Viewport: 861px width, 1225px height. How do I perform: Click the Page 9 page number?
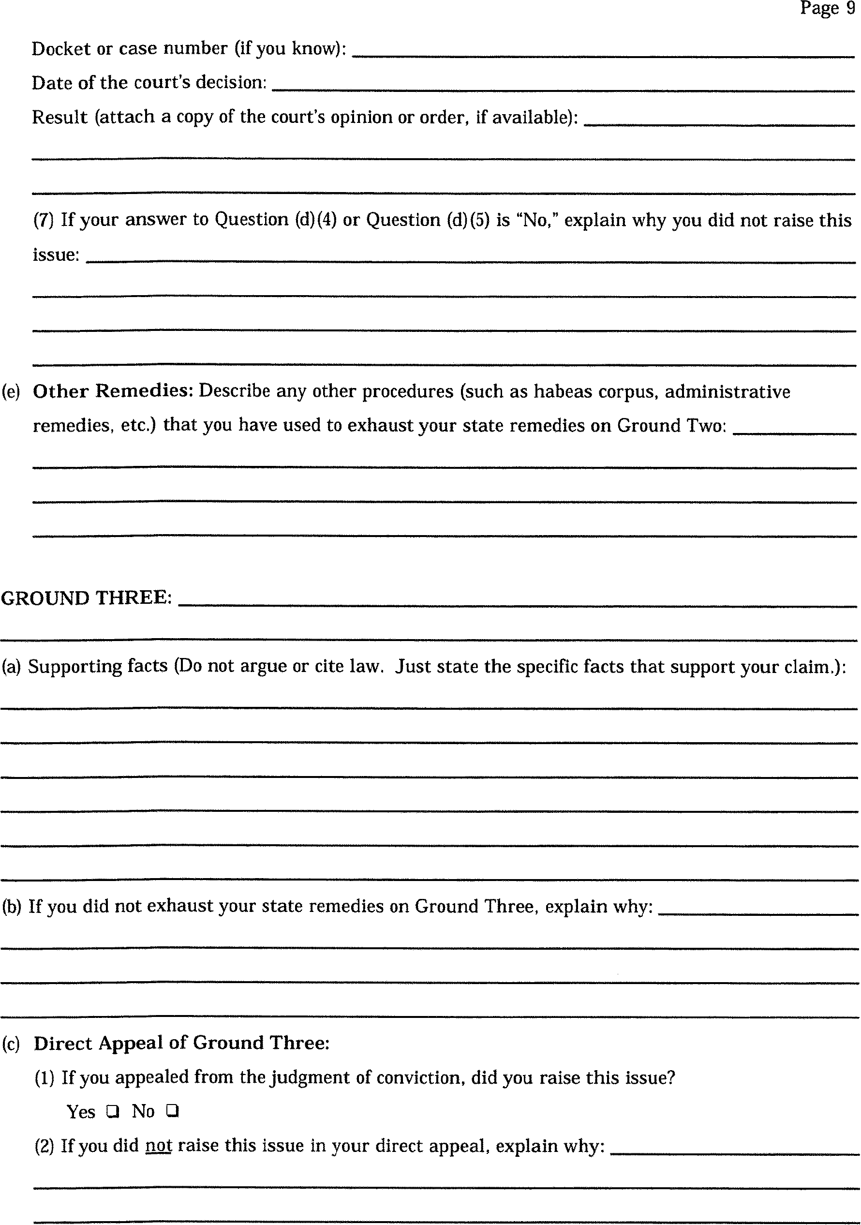[x=828, y=9]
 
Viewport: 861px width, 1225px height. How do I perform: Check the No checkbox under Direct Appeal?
[x=172, y=1111]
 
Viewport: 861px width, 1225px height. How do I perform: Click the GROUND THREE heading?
[x=87, y=598]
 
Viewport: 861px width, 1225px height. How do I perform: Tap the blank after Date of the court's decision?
[x=563, y=87]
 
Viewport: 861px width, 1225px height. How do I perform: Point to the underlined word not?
[x=159, y=1146]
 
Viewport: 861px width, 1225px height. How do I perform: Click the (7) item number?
[x=43, y=220]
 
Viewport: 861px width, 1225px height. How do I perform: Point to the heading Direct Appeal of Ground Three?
[x=181, y=1043]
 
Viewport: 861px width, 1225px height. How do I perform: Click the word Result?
[x=59, y=117]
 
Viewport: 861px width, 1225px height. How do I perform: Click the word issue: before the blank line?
[x=56, y=254]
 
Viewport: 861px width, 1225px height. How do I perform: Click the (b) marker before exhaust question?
[x=11, y=907]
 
